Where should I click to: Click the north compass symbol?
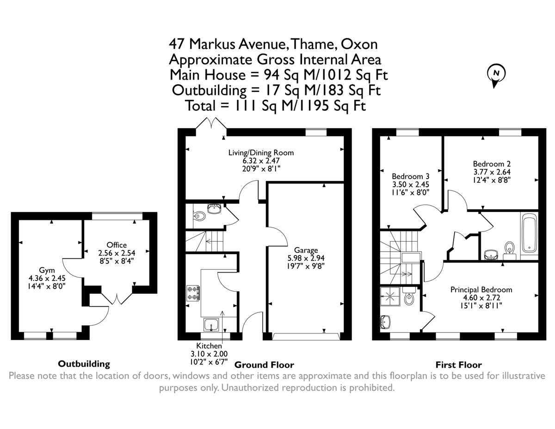click(496, 74)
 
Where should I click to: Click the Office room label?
click(116, 245)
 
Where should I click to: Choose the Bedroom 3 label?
click(411, 176)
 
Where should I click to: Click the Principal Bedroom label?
click(481, 290)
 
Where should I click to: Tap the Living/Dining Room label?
click(261, 152)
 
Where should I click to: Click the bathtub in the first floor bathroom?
click(528, 236)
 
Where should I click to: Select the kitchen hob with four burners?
click(193, 293)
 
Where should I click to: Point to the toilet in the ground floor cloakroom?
click(198, 216)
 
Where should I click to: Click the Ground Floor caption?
click(264, 365)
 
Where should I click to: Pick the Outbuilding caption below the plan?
click(84, 364)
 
